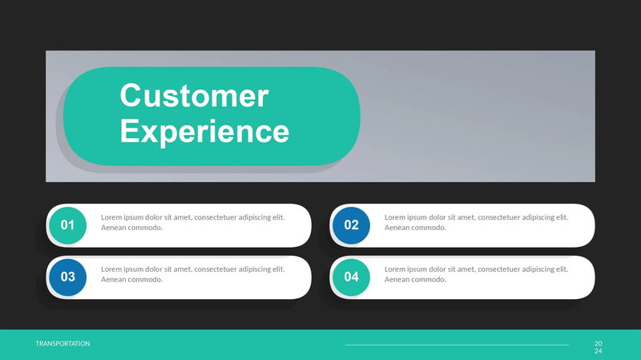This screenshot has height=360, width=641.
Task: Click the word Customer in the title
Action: pyautogui.click(x=194, y=96)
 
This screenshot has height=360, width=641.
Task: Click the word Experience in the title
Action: pyautogui.click(x=204, y=131)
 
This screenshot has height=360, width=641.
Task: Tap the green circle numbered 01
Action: pyautogui.click(x=67, y=225)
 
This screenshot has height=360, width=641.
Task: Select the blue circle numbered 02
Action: pyautogui.click(x=351, y=225)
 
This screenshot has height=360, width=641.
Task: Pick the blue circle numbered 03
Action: pyautogui.click(x=67, y=277)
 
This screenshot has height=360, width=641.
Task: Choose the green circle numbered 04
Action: pyautogui.click(x=351, y=277)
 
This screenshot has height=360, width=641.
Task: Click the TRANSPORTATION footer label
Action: pyautogui.click(x=62, y=343)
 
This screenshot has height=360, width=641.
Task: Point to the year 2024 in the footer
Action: pyautogui.click(x=598, y=347)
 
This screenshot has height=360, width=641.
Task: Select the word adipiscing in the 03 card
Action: pyautogui.click(x=254, y=269)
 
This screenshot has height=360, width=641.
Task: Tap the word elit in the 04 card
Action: pyautogui.click(x=561, y=269)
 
